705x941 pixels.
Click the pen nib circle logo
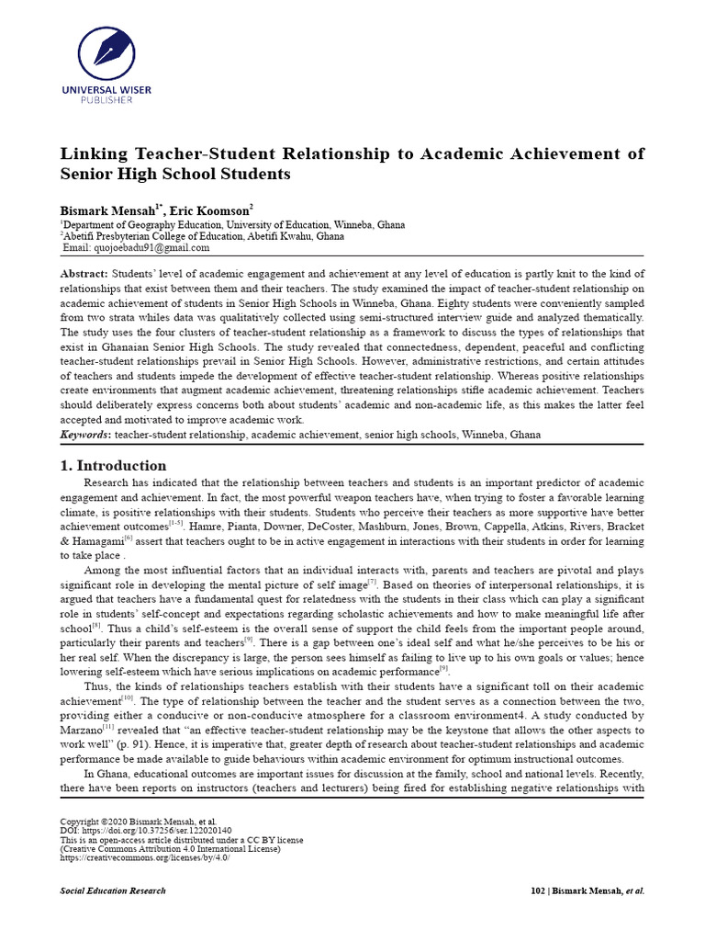[x=106, y=51]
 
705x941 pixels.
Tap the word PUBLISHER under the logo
[x=106, y=99]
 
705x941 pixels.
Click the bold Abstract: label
[x=84, y=274]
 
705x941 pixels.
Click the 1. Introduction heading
[x=113, y=465]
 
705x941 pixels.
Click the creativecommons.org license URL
[x=144, y=857]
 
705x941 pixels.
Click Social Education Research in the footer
[x=113, y=890]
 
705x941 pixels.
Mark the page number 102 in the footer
[x=540, y=890]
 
